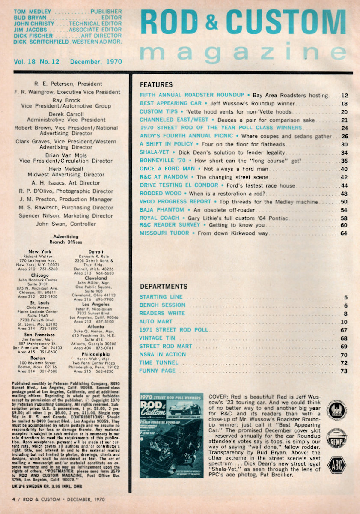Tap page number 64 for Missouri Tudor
(343, 233)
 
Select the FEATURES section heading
(156, 85)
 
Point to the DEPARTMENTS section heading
(163, 286)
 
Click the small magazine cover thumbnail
(171, 428)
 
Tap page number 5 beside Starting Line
(345, 297)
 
